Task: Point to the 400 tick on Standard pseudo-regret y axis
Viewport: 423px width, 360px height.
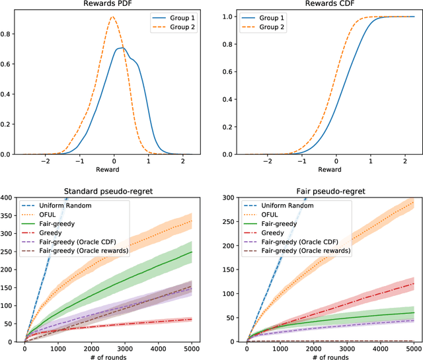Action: tap(11, 197)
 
